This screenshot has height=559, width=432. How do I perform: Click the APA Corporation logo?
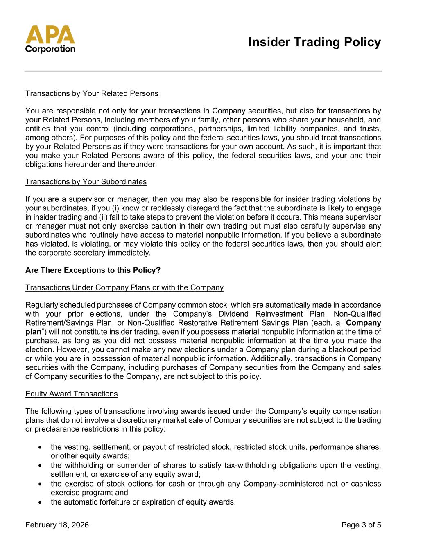pyautogui.click(x=50, y=39)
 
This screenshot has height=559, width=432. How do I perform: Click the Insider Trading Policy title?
pyautogui.click(x=314, y=42)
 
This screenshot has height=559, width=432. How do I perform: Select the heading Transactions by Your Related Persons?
pyautogui.click(x=92, y=93)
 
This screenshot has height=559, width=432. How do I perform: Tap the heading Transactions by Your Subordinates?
pyautogui.click(x=86, y=181)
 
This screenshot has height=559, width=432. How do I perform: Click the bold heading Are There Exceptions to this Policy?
pyautogui.click(x=93, y=270)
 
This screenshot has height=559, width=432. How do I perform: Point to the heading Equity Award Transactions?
pyautogui.click(x=72, y=394)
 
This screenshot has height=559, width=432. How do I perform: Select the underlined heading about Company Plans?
pyautogui.click(x=124, y=287)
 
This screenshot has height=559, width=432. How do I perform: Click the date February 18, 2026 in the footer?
pyautogui.click(x=57, y=525)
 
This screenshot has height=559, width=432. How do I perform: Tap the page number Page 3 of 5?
pyautogui.click(x=361, y=525)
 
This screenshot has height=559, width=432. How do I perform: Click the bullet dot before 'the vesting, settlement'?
pyautogui.click(x=40, y=447)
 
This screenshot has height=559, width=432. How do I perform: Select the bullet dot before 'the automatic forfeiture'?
pyautogui.click(x=40, y=502)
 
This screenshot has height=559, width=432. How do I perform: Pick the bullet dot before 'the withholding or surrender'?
pyautogui.click(x=40, y=466)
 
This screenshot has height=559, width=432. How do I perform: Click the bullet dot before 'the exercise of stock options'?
pyautogui.click(x=40, y=484)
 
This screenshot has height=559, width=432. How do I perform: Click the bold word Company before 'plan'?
pyautogui.click(x=364, y=323)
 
